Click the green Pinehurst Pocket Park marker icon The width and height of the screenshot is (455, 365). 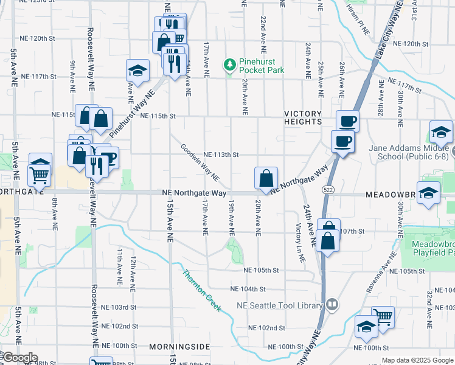point(230,64)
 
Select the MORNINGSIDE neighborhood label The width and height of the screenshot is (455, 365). point(179,346)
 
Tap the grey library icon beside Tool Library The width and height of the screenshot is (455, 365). point(332,304)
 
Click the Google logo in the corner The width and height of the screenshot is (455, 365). point(19,358)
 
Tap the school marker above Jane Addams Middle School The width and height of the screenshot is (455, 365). point(441,132)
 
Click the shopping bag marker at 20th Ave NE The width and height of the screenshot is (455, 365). point(266,178)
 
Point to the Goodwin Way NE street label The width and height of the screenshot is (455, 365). point(200,162)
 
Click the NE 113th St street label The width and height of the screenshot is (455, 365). point(221,155)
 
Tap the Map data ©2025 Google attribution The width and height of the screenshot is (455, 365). point(417,360)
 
